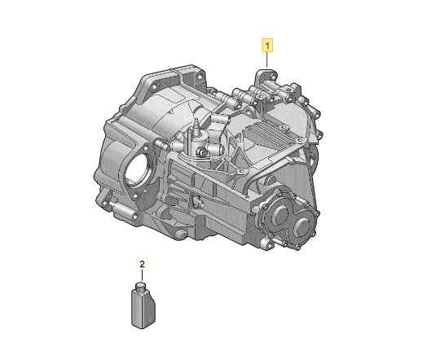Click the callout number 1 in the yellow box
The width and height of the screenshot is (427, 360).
coord(267,46)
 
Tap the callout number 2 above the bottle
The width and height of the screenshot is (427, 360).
coord(142,264)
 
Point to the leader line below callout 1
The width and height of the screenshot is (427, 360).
coord(267,59)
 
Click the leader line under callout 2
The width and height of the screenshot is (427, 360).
coord(142,274)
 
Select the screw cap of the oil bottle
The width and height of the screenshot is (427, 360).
coord(141,286)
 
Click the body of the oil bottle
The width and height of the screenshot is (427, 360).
coord(143,309)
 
